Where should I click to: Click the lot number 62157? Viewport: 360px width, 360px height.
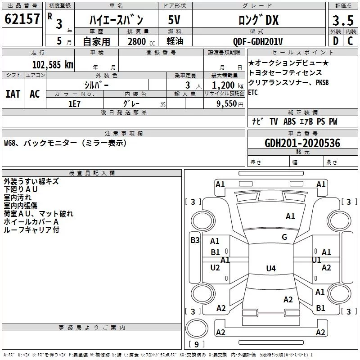22,19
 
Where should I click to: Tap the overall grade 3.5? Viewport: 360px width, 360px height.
343,20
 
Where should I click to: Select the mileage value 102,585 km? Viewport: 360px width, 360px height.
53,65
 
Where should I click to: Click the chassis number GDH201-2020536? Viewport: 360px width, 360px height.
302,143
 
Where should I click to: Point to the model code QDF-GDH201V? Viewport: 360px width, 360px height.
257,41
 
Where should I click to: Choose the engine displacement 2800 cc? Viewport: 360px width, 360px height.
141,41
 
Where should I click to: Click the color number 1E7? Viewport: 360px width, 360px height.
74,104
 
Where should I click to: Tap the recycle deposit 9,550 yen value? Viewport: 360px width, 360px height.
230,104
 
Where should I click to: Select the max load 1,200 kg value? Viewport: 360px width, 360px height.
228,85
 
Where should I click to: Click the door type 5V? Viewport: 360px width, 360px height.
174,20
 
